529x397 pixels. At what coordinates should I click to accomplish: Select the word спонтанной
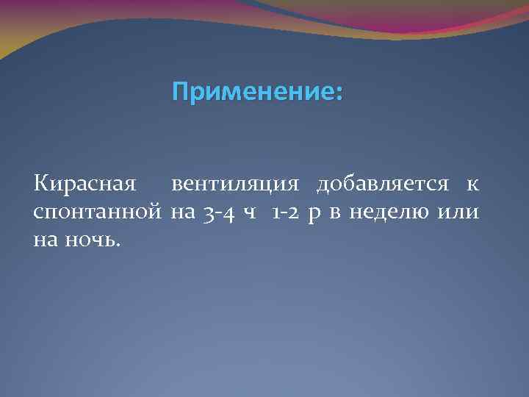[x=98, y=213]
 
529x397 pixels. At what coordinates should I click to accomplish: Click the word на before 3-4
[x=181, y=213]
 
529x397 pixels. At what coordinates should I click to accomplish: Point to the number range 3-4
[x=218, y=213]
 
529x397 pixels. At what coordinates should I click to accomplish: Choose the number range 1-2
[x=284, y=213]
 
